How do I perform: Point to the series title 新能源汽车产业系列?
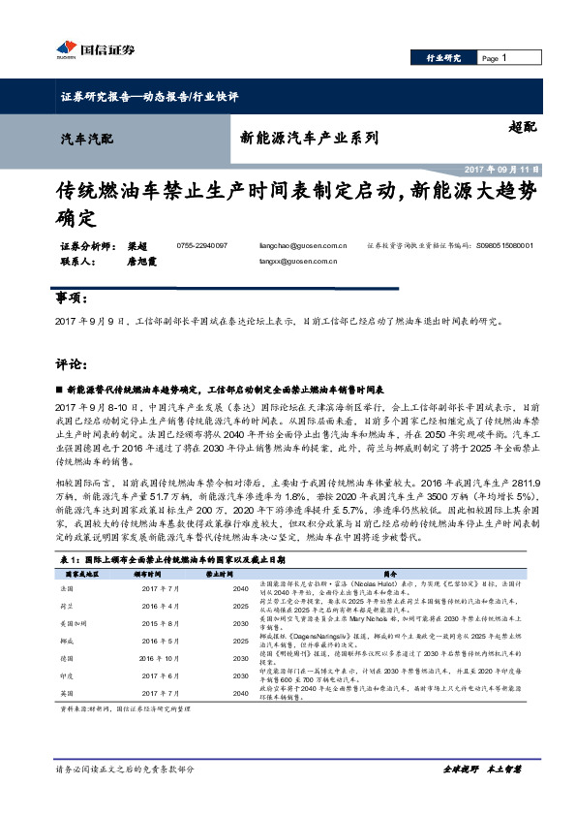point(308,139)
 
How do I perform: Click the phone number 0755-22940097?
point(202,246)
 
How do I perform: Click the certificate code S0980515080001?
point(505,246)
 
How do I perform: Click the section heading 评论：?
point(71,365)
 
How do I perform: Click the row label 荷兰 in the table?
point(69,604)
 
